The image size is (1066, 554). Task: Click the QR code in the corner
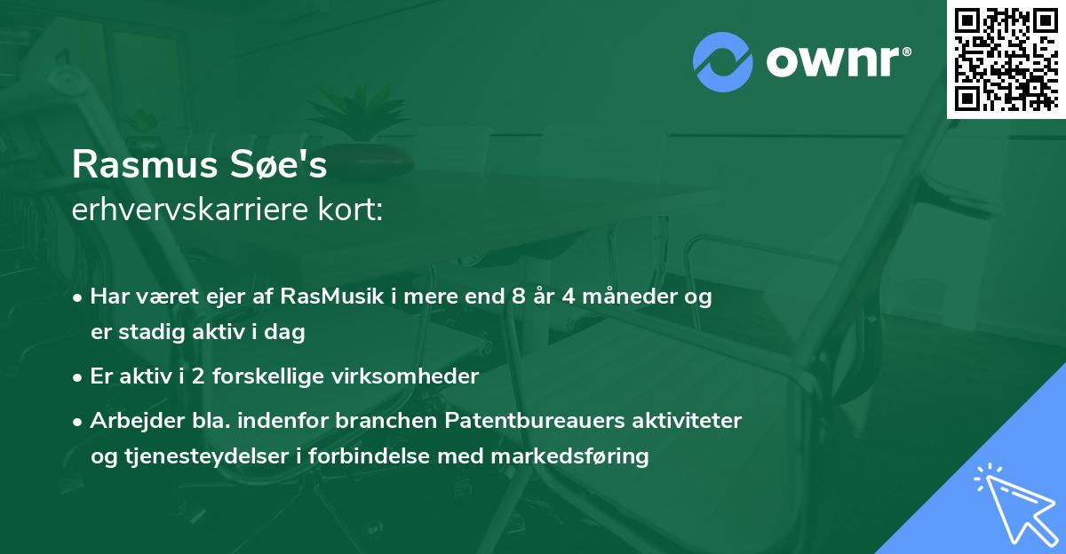[x=1006, y=59]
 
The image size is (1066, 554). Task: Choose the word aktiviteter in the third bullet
[x=687, y=420]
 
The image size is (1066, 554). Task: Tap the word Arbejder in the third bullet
[x=129, y=420]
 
